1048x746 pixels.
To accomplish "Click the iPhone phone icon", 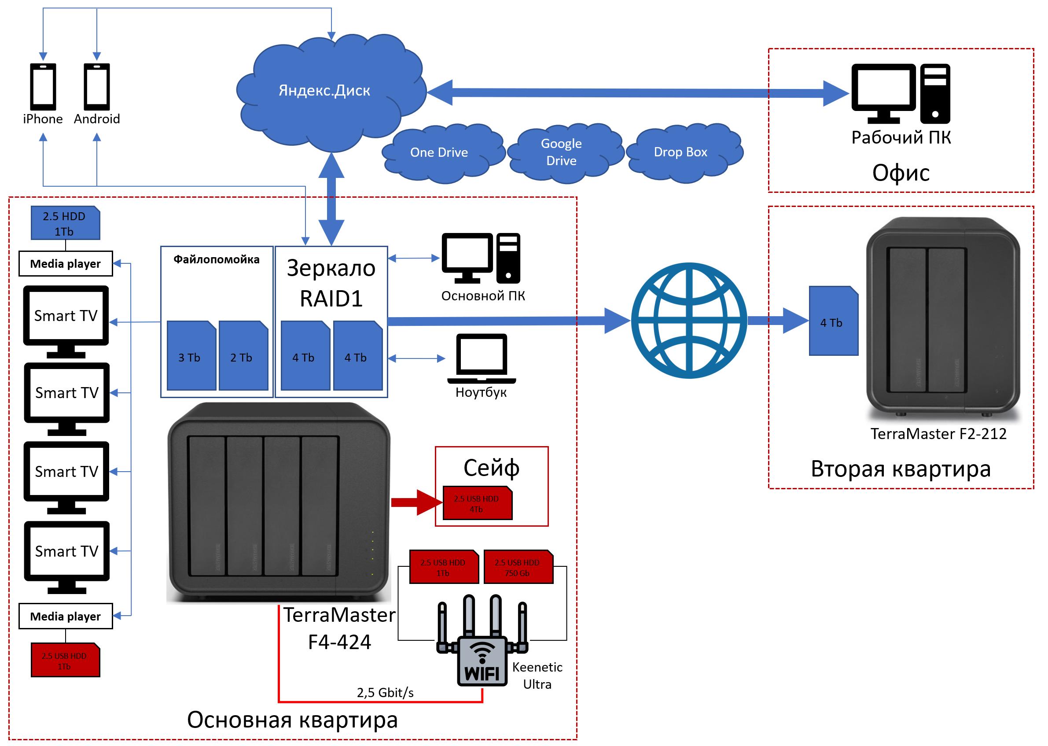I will tap(43, 87).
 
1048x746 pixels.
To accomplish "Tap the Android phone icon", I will tap(97, 87).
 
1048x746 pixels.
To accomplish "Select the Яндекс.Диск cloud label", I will tap(324, 90).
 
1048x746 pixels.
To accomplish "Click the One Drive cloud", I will tap(439, 152).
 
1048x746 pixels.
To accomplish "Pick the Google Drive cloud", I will tap(561, 152).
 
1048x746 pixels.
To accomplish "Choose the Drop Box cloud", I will tap(680, 152).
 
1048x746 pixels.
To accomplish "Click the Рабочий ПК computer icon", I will tap(900, 94).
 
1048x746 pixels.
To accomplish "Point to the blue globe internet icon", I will tap(689, 320).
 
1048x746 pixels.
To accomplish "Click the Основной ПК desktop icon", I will tap(481, 258).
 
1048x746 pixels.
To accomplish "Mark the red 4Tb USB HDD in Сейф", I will tap(477, 503).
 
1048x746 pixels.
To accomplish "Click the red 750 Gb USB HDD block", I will tap(518, 567).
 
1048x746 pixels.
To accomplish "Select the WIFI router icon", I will tap(482, 643).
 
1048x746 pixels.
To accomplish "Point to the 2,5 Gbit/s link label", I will tap(385, 692).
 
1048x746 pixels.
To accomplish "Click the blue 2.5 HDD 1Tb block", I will tap(65, 223).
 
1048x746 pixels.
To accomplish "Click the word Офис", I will tap(901, 173).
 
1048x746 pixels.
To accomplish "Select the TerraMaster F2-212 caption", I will tap(938, 434).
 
